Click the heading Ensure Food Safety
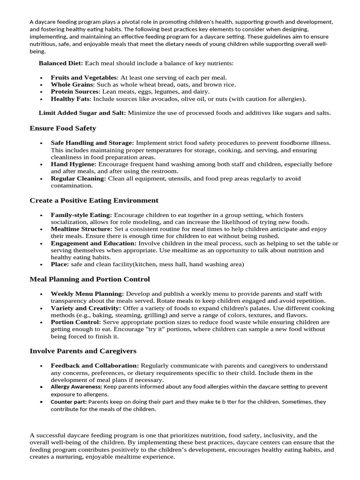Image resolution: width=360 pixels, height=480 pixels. tap(63, 128)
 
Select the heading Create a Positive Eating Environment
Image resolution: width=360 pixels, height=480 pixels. tap(94, 200)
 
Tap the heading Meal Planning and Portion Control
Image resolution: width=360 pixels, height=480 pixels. tap(90, 279)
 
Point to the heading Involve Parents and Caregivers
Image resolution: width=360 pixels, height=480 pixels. tap(83, 351)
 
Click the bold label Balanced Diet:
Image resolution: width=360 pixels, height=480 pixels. tap(60, 63)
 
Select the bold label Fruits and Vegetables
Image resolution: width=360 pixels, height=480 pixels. tap(83, 77)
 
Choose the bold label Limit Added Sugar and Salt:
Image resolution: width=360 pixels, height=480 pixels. tap(82, 112)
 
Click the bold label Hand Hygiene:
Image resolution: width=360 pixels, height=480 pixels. tap(74, 164)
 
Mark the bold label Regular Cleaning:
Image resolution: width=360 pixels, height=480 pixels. tap(78, 179)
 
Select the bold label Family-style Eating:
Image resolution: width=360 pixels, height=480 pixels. tap(81, 215)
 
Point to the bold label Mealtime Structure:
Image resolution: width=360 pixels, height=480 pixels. tap(82, 229)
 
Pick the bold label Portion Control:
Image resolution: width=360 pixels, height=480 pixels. tap(75, 322)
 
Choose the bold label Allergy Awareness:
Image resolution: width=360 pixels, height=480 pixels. tap(76, 387)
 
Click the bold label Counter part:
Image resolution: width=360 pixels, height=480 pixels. tap(68, 402)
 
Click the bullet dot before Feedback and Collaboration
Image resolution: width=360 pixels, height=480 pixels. tap(41, 366)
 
